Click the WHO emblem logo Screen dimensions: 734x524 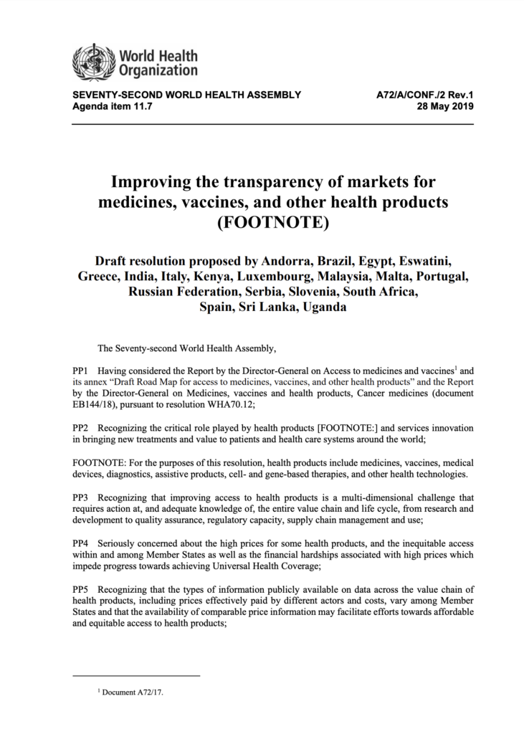[92, 60]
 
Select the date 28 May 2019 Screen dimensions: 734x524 [445, 107]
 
